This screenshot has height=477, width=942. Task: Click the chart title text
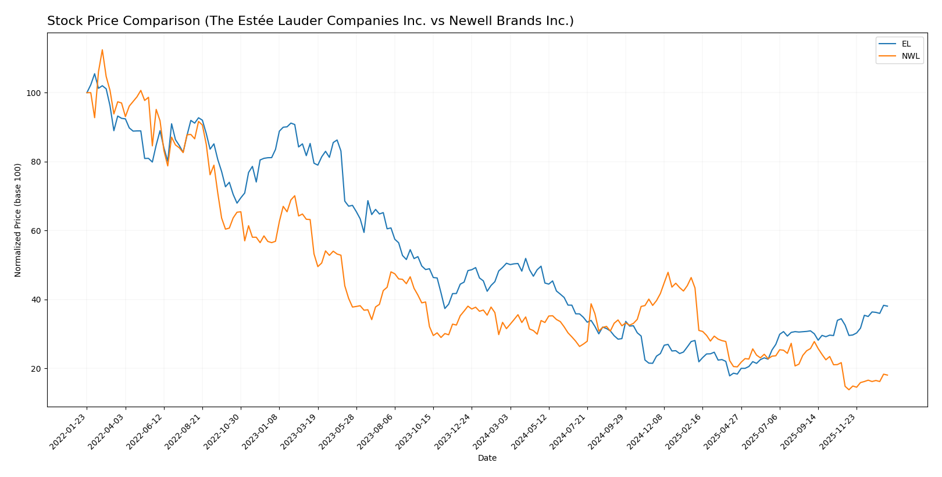click(310, 22)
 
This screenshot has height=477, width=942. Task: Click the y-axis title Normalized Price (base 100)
click(18, 220)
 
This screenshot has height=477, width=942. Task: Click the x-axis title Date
click(487, 458)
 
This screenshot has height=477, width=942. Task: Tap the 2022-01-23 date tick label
click(69, 432)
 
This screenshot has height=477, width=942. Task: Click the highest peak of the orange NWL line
click(102, 50)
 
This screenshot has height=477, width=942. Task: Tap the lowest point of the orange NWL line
click(849, 389)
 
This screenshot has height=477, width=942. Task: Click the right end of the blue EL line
click(887, 306)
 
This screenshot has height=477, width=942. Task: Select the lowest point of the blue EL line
click(730, 376)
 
